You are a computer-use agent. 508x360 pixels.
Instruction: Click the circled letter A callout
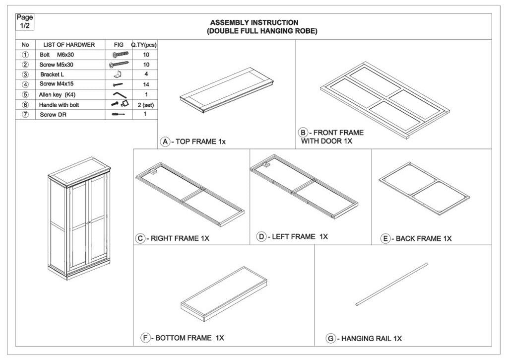(165, 142)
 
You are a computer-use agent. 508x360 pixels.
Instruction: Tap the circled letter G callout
(331, 339)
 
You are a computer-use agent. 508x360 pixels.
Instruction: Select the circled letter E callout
(385, 239)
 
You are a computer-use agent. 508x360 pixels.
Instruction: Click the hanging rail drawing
(392, 284)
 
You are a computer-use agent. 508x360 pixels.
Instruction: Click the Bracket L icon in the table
(119, 74)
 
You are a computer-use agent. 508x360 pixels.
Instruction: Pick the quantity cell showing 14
(146, 85)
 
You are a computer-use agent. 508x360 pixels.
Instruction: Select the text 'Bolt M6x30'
(57, 55)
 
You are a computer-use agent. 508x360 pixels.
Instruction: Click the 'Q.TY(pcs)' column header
(144, 45)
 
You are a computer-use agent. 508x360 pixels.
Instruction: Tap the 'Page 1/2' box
(25, 22)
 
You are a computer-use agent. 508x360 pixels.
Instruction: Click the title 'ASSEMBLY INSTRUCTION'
(254, 22)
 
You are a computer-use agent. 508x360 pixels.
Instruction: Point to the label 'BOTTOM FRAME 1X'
(190, 338)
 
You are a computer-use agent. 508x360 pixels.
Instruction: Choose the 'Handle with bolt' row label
(59, 105)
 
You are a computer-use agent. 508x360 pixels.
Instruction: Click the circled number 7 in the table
(26, 115)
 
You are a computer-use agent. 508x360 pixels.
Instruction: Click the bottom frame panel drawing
(225, 294)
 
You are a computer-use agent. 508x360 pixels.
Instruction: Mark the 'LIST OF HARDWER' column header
(69, 45)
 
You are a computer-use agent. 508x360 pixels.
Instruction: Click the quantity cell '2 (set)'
(146, 105)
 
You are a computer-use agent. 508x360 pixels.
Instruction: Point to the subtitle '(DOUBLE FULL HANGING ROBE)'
(262, 31)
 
